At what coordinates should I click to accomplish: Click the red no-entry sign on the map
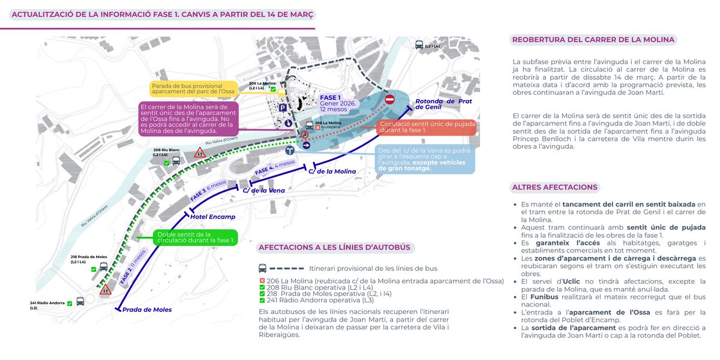point(389,99)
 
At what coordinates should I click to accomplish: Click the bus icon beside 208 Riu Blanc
point(176,160)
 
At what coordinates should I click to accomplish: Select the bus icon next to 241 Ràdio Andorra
point(80,301)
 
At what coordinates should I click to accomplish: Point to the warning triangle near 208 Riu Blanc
point(200,153)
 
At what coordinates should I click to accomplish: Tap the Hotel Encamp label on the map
point(213,217)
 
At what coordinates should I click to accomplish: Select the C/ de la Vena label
point(263,190)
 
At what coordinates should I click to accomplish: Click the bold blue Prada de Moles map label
point(147,310)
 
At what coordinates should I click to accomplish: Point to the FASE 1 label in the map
point(331,97)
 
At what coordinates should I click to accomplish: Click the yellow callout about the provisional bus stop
point(193,88)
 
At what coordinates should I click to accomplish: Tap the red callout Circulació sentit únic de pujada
point(427,127)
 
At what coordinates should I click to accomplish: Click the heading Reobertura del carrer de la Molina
point(593,40)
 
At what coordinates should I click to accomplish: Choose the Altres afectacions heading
point(555,187)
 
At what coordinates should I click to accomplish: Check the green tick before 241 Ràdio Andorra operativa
point(262,300)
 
